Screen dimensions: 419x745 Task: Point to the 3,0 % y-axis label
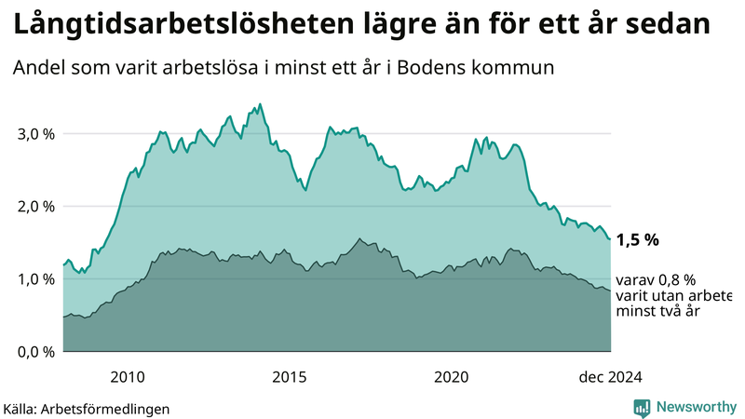35,133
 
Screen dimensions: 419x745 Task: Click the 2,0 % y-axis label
35,206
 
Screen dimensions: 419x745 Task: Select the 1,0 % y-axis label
35,278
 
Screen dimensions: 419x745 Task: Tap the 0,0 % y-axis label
35,351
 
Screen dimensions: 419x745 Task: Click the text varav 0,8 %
657,280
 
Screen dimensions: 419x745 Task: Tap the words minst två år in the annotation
658,311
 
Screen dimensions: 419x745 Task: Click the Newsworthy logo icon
642,407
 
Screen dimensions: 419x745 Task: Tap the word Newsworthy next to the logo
695,407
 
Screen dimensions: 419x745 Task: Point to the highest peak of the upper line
260,103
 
